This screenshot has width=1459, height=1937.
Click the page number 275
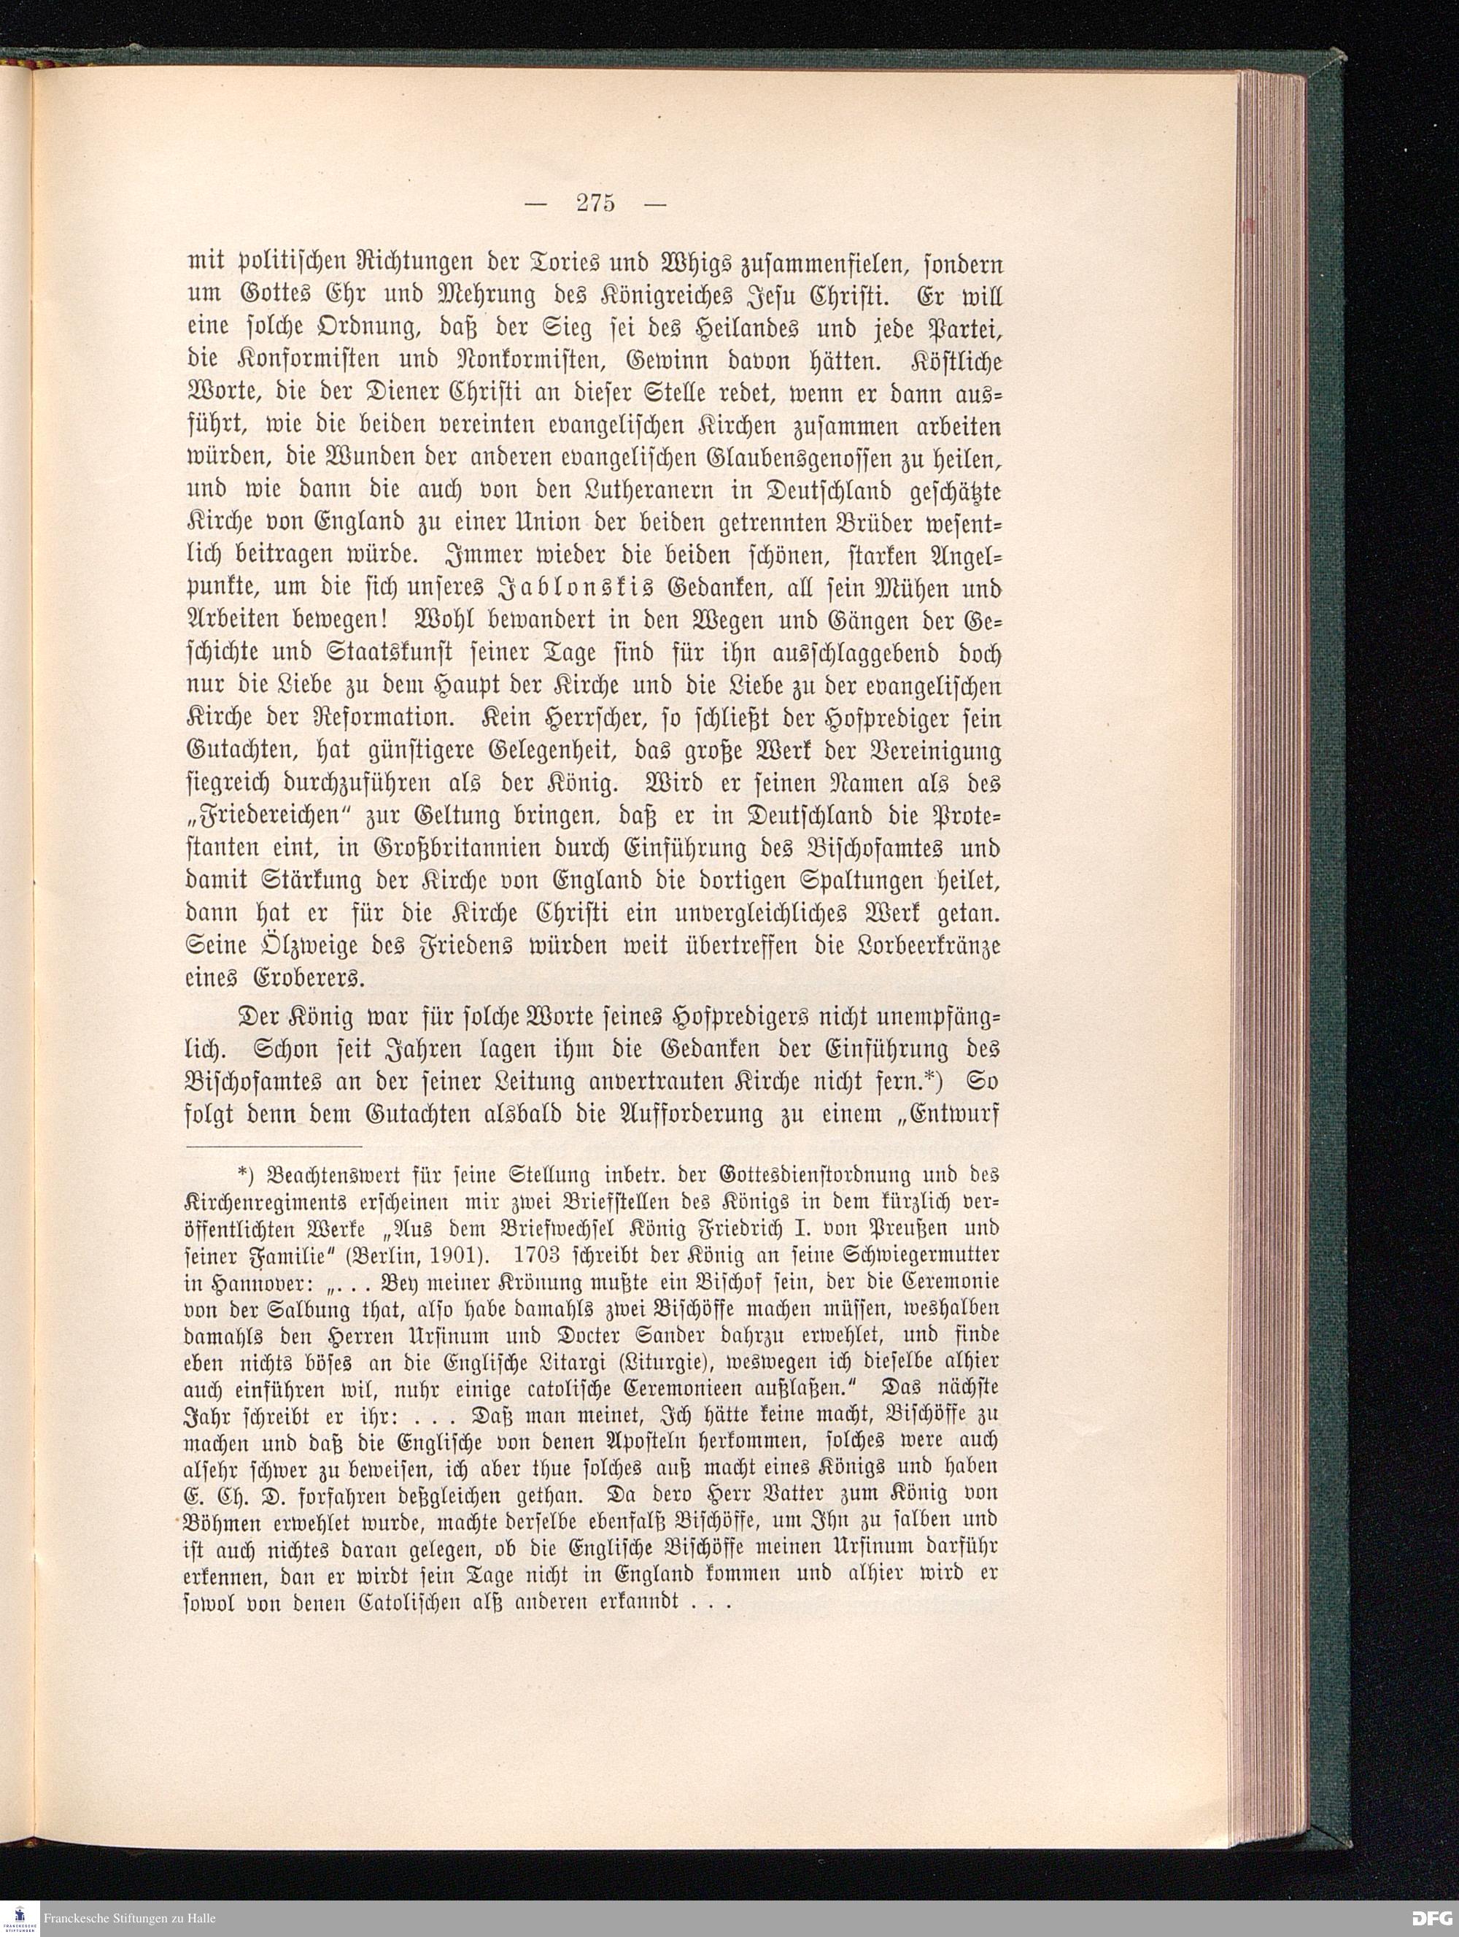pos(596,203)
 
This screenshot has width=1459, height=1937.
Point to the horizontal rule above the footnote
pos(275,1144)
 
